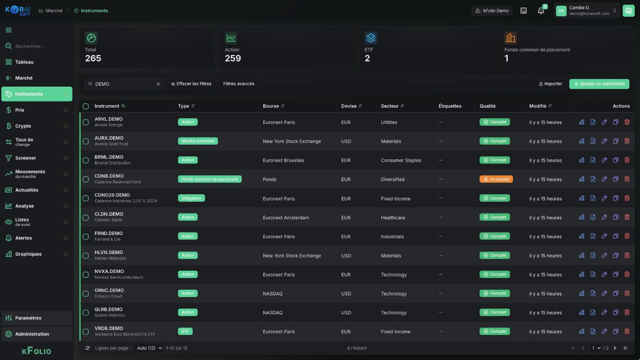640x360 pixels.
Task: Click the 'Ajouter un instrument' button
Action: pyautogui.click(x=599, y=84)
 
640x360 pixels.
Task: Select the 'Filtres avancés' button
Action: pyautogui.click(x=239, y=84)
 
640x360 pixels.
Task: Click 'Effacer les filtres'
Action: pyautogui.click(x=191, y=84)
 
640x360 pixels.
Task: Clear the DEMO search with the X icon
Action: pyautogui.click(x=158, y=84)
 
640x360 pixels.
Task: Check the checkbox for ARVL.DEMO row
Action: pyautogui.click(x=86, y=122)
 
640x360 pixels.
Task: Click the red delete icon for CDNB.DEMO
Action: pyautogui.click(x=626, y=179)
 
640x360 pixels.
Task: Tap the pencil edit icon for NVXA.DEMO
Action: pyautogui.click(x=604, y=274)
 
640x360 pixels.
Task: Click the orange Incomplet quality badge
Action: pyautogui.click(x=496, y=179)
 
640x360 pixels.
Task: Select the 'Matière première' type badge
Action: pyautogui.click(x=198, y=141)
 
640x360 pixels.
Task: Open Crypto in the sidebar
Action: pyautogui.click(x=23, y=126)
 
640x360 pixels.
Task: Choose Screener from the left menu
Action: pyautogui.click(x=25, y=158)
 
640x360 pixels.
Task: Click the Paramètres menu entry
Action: pyautogui.click(x=28, y=318)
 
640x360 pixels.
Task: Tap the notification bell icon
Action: pyautogui.click(x=541, y=11)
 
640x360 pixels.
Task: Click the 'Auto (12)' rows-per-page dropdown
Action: pyautogui.click(x=149, y=348)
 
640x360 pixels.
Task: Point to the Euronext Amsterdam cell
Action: pyautogui.click(x=286, y=218)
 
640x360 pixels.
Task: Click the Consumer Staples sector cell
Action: pyautogui.click(x=401, y=160)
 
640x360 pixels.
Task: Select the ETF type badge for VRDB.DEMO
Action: pyautogui.click(x=185, y=331)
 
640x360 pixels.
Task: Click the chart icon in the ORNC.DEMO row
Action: pyautogui.click(x=582, y=294)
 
